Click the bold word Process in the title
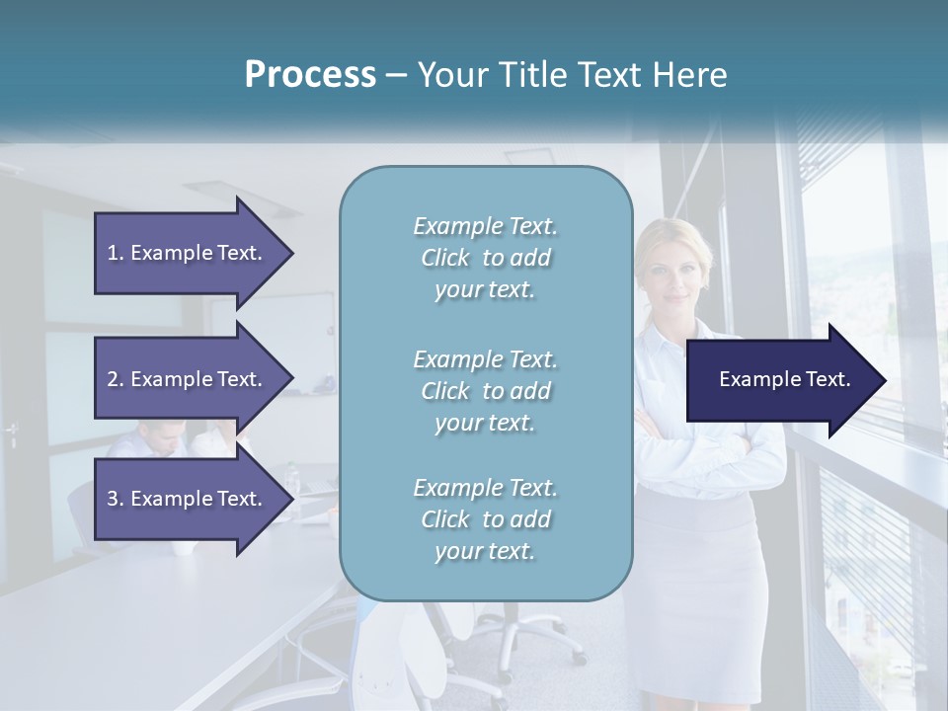coord(310,75)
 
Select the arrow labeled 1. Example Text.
coord(188,253)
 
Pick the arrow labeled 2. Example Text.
coord(188,379)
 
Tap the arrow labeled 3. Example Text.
coord(188,499)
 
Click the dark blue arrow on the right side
coord(780,379)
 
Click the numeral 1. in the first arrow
coord(116,253)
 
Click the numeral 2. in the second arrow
coord(116,379)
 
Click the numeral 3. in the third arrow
coord(116,499)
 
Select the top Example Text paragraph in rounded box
coord(485,258)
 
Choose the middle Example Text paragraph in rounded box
coord(485,391)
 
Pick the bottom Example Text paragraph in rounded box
coord(485,519)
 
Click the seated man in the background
coord(158,439)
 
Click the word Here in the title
coord(691,75)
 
